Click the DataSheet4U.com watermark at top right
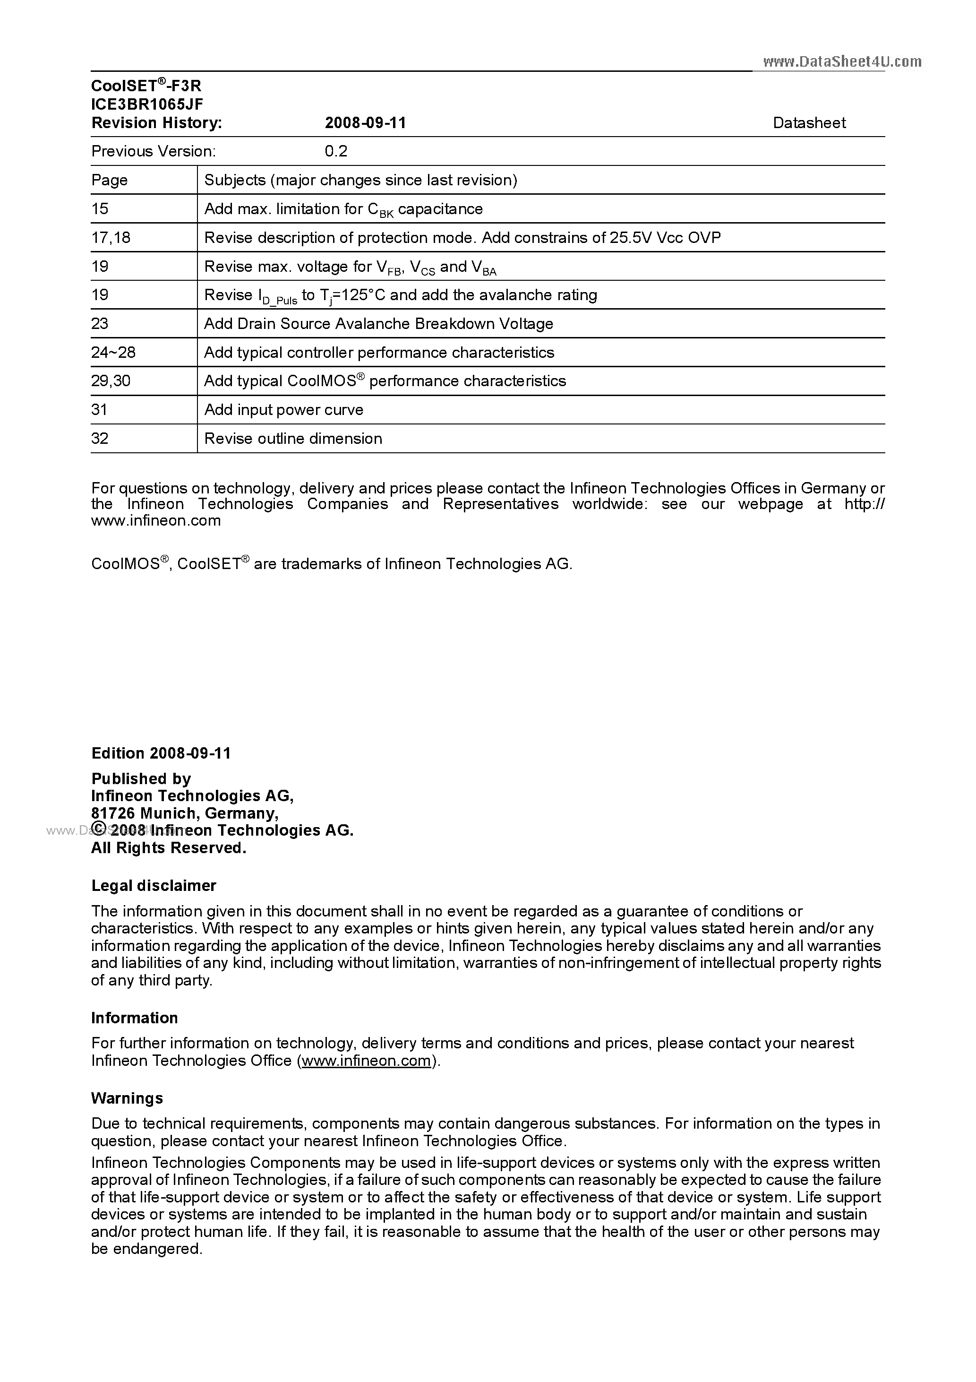coord(842,61)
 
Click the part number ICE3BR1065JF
coord(147,104)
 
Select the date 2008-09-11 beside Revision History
coord(365,123)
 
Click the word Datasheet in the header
coord(809,123)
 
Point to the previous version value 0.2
coord(336,151)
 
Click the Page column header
coord(110,180)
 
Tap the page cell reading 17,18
coord(111,238)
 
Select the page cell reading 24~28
coord(113,352)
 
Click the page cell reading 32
coord(100,438)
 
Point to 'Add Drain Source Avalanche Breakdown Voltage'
coord(378,324)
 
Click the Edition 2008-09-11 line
coord(161,753)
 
